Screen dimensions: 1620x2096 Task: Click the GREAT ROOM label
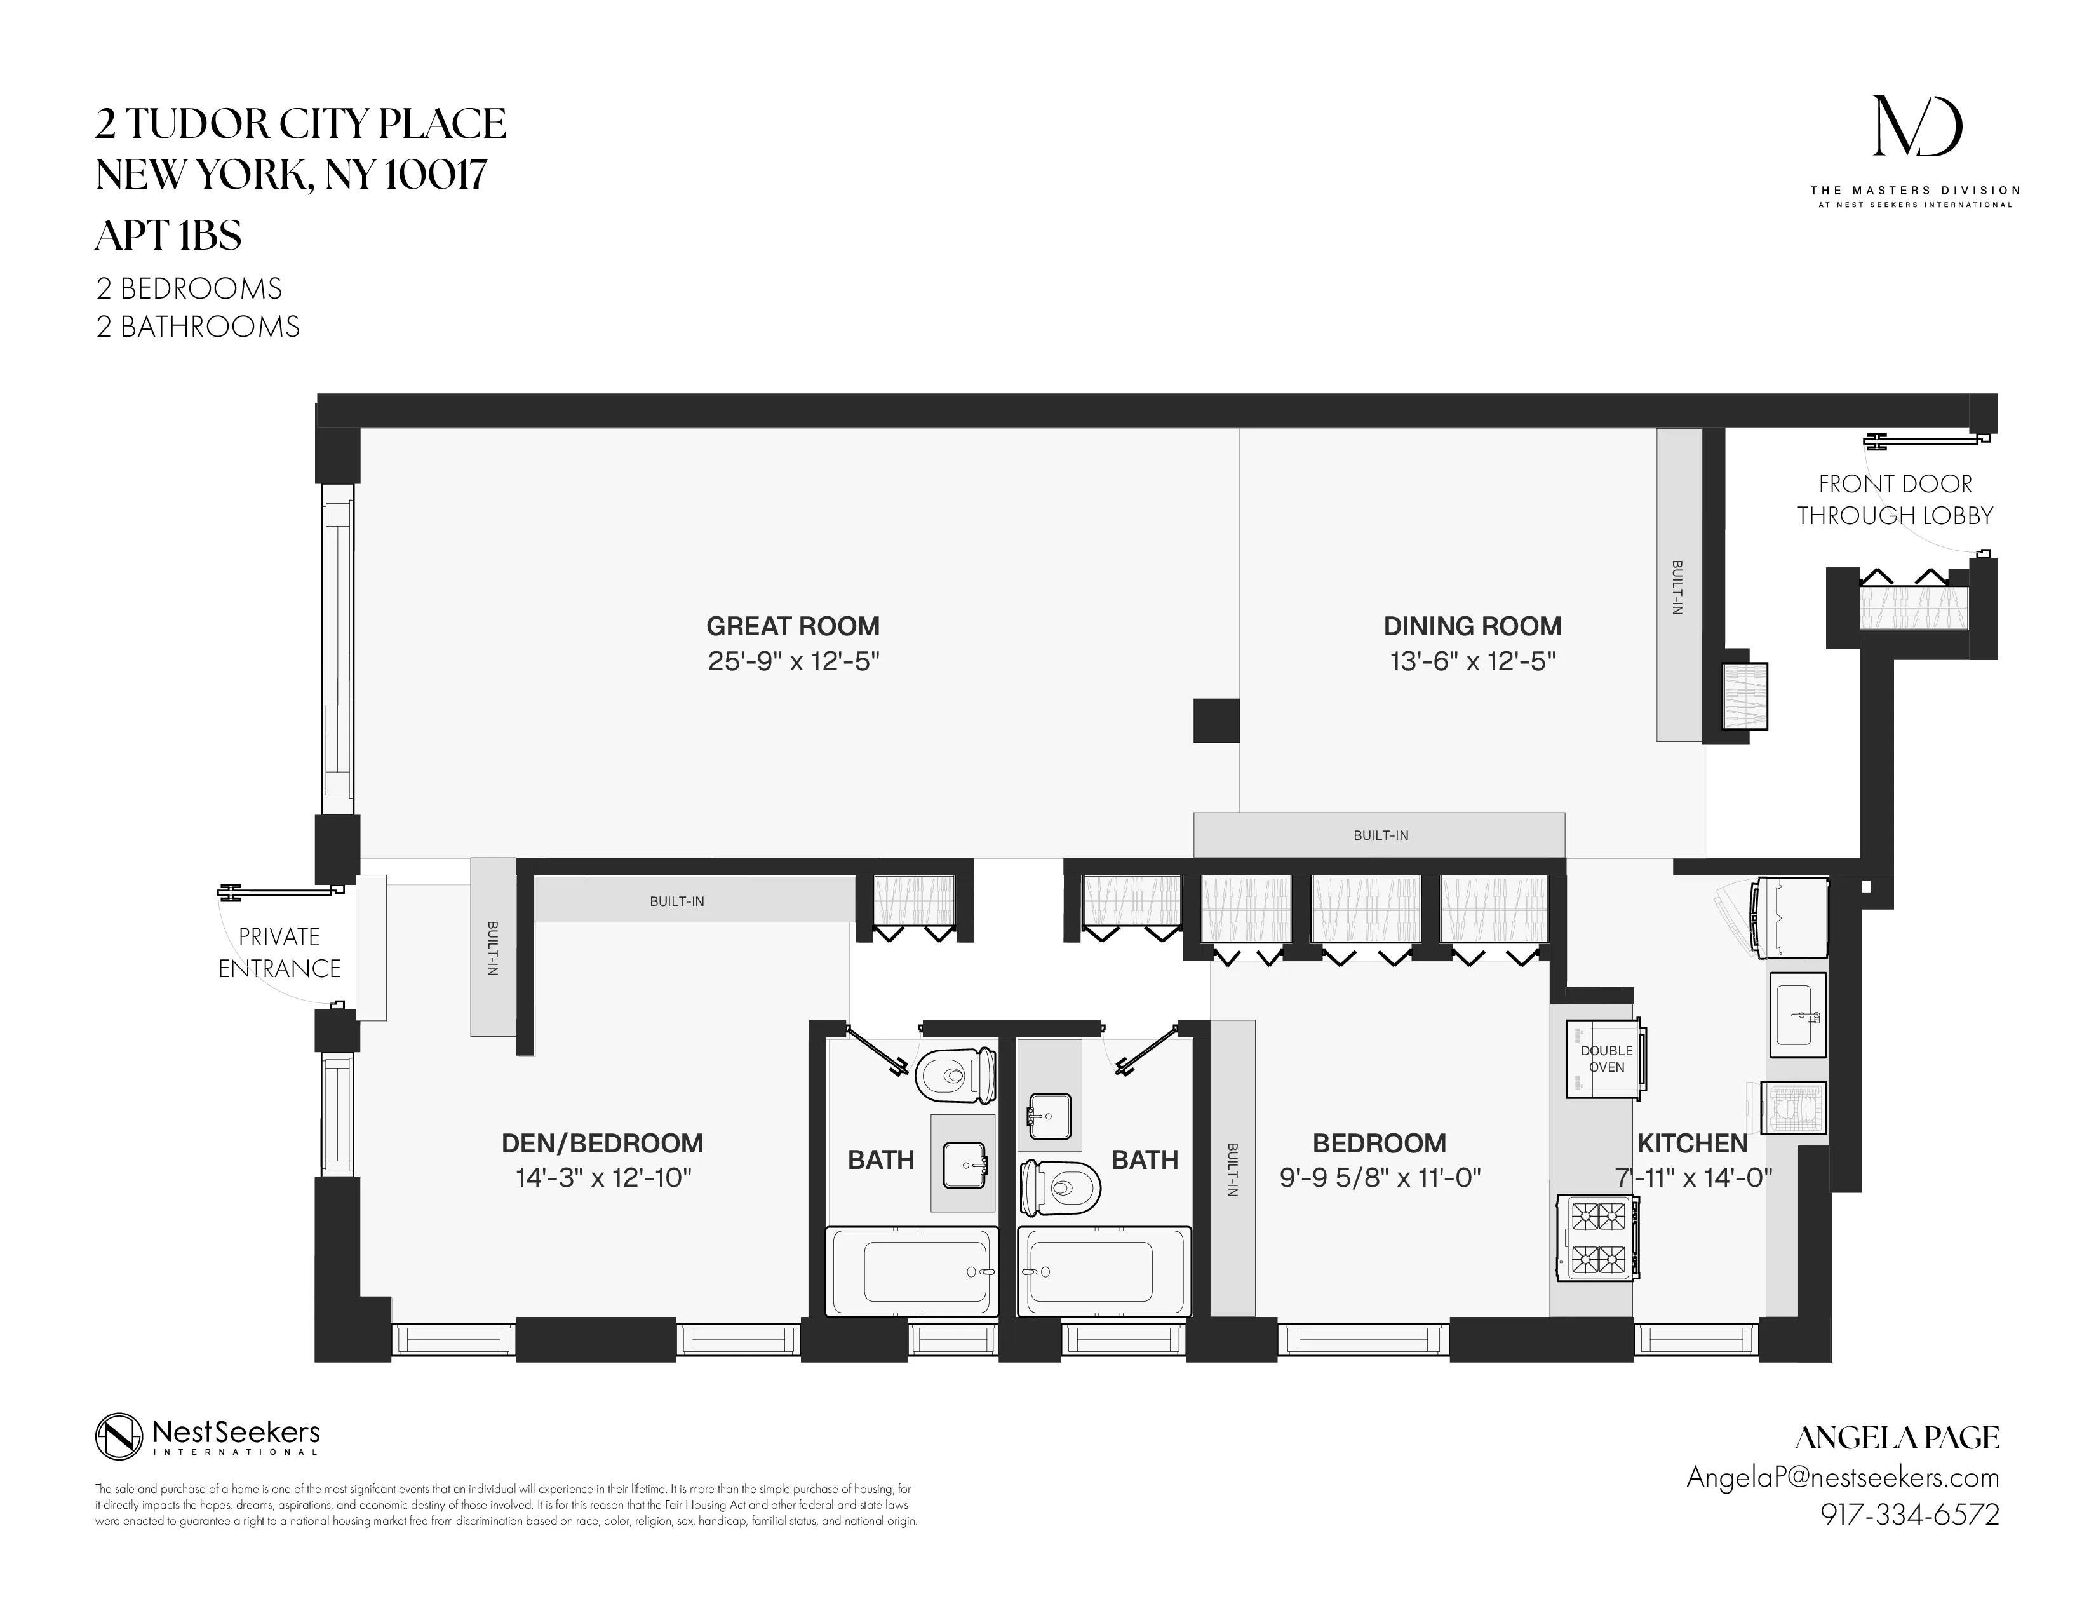pyautogui.click(x=793, y=626)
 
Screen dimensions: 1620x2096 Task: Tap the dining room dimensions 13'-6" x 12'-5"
pyautogui.click(x=1472, y=662)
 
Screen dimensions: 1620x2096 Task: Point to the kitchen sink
pyautogui.click(x=1797, y=1015)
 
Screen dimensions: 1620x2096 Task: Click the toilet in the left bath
pyautogui.click(x=954, y=1076)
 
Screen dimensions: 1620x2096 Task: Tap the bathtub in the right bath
pyautogui.click(x=1104, y=1272)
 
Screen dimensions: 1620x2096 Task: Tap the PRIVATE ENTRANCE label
pyautogui.click(x=279, y=953)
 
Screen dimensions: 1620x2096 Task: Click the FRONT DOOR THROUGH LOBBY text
pyautogui.click(x=1895, y=500)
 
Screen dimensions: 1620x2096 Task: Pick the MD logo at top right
pyautogui.click(x=1918, y=126)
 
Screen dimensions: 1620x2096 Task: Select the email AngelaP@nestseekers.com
pyautogui.click(x=1842, y=1477)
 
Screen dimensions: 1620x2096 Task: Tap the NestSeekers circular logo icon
pyautogui.click(x=119, y=1436)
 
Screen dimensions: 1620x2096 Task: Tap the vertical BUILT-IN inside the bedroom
pyautogui.click(x=1232, y=1169)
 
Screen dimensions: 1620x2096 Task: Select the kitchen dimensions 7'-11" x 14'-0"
pyautogui.click(x=1692, y=1178)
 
